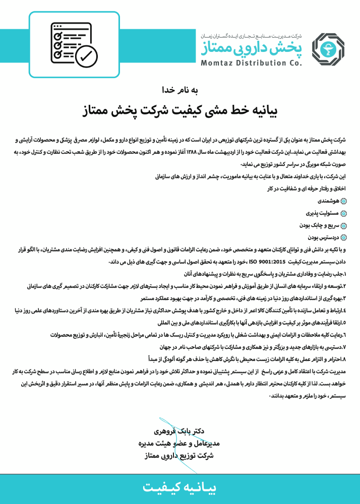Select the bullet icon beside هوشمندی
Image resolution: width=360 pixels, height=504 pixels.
pyautogui.click(x=344, y=201)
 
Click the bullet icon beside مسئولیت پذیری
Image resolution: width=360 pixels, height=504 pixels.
pyautogui.click(x=344, y=213)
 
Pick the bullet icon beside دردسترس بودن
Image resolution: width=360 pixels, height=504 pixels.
pyautogui.click(x=344, y=237)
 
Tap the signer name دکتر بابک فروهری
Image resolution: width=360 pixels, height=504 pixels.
pyautogui.click(x=180, y=432)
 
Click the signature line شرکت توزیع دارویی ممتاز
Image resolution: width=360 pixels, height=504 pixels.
pyautogui.click(x=180, y=455)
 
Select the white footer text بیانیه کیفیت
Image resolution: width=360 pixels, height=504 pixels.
pyautogui.click(x=180, y=487)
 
